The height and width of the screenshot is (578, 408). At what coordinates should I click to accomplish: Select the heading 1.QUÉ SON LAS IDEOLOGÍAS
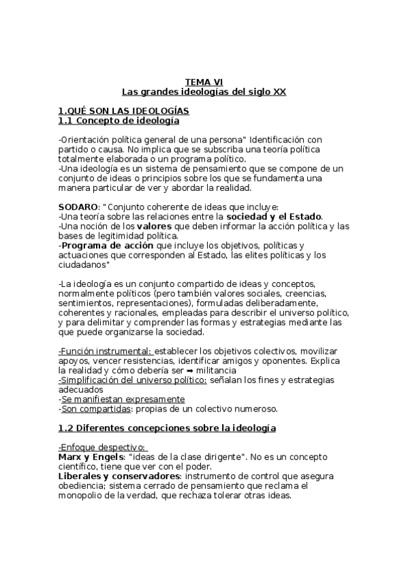pos(123,111)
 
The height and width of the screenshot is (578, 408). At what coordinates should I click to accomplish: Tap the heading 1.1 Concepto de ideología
pos(119,121)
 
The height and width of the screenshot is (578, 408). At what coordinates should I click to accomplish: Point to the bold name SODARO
pos(78,208)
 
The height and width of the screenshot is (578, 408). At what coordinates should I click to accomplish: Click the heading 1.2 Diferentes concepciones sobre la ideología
pos(167,428)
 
